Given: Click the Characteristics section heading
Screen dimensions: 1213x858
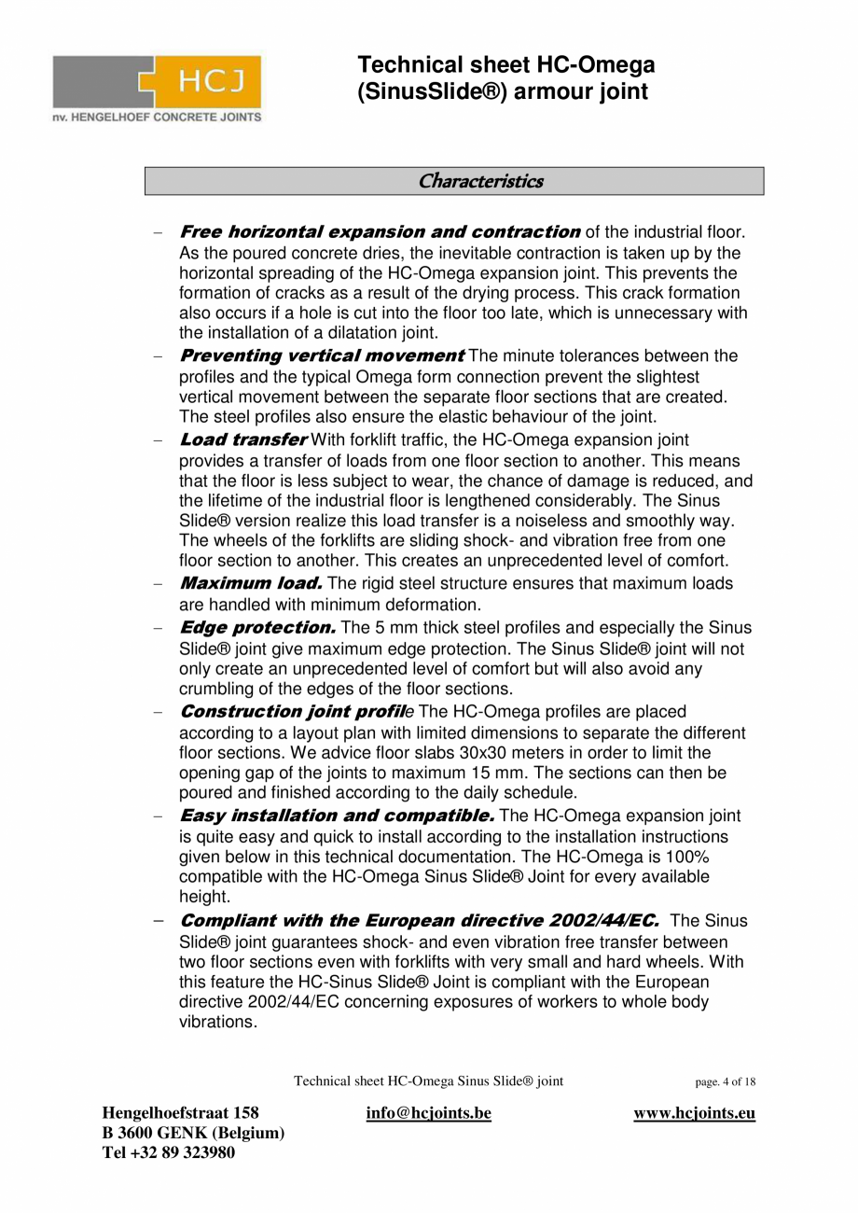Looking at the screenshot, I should coord(480,181).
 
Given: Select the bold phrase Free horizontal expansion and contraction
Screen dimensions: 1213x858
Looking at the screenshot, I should coord(380,231).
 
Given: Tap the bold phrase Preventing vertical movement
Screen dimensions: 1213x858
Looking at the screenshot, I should coord(321,356).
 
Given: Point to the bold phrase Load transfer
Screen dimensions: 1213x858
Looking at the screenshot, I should coord(242,439).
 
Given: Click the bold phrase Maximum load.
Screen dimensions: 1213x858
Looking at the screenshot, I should coord(251,583).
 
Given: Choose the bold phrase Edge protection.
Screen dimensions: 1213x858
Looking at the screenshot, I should coord(257,627).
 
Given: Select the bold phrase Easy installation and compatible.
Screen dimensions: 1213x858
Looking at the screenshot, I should coord(337,816).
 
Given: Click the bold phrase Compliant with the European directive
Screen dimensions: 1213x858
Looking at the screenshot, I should coord(419,921).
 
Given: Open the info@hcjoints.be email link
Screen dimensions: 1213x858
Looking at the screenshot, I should coord(429,1113).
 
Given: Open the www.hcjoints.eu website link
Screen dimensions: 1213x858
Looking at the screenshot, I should coord(694,1113).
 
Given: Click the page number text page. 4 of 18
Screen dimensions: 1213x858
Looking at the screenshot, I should coord(725,1082).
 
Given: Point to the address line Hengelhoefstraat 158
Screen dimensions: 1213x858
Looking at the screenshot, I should coord(180,1113).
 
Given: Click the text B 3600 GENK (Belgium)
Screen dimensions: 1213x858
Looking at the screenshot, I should coord(193,1133).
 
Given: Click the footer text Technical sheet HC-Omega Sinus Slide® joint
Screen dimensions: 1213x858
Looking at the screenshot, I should coord(428,1081).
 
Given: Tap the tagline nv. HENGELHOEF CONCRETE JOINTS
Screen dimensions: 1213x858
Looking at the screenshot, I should coord(157,117).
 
